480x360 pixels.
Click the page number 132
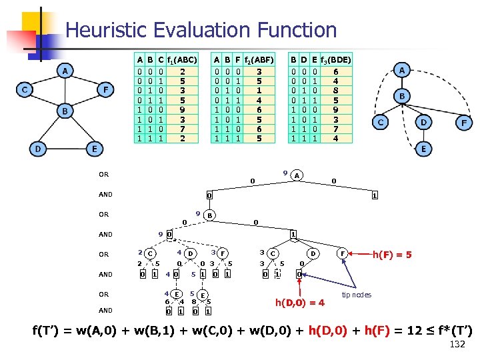[x=457, y=344]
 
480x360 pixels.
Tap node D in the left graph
[x=40, y=149]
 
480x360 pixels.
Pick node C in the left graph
[x=25, y=89]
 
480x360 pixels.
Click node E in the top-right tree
[x=423, y=149]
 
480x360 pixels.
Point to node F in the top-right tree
[x=461, y=123]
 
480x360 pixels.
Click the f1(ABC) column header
[x=182, y=59]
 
